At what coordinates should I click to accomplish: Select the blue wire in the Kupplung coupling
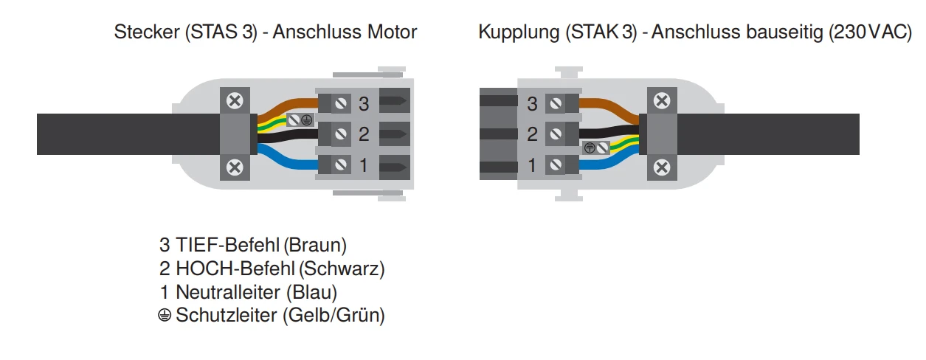[608, 162]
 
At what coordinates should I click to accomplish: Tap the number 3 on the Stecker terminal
[364, 104]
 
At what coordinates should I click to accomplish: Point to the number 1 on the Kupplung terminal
[532, 165]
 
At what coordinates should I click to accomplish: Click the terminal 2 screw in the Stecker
[341, 134]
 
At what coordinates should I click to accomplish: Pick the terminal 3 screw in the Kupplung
[556, 103]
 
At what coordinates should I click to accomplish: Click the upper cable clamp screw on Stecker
[235, 101]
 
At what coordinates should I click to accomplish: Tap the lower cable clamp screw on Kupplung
[662, 167]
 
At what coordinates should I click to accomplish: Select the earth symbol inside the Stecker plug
[306, 120]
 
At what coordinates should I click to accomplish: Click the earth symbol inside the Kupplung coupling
[590, 148]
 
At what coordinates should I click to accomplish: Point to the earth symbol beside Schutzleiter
[165, 315]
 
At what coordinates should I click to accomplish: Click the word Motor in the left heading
[392, 32]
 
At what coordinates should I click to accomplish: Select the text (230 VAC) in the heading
[870, 32]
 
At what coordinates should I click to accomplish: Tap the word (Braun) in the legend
[315, 245]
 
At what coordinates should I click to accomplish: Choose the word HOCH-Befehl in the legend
[235, 269]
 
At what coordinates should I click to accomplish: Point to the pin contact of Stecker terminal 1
[393, 167]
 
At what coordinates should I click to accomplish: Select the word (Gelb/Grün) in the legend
[334, 315]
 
